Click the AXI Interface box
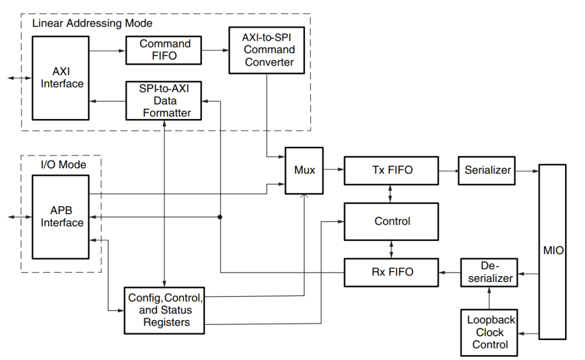click(x=60, y=78)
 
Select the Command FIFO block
click(x=165, y=50)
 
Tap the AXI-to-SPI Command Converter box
click(x=269, y=50)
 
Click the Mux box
click(x=304, y=171)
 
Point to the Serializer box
click(x=487, y=171)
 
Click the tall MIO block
click(x=552, y=251)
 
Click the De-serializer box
click(x=489, y=272)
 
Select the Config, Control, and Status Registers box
click(x=165, y=310)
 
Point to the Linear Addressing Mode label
click(x=92, y=23)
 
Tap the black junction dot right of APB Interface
click(x=219, y=217)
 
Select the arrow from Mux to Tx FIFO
click(x=334, y=171)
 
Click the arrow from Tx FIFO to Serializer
click(x=449, y=171)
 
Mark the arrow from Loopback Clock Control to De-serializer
click(x=489, y=298)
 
